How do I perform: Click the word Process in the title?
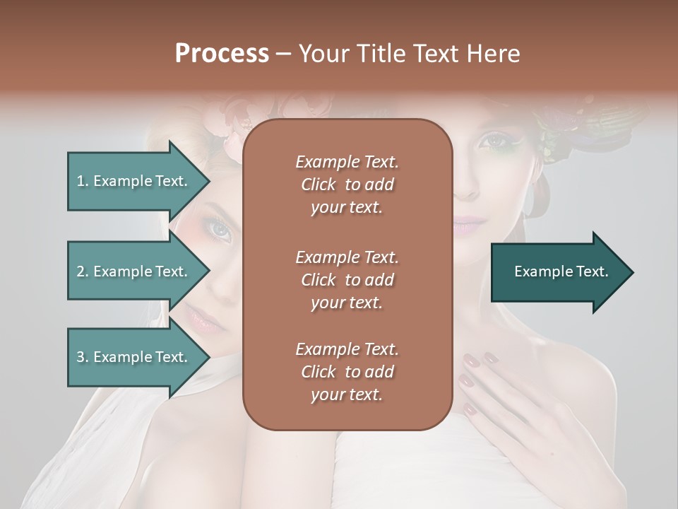coord(222,54)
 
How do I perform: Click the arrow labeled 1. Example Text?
coord(134,181)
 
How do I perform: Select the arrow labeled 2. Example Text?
coord(134,271)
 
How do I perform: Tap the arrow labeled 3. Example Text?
coord(134,357)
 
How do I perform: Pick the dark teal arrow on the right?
coord(558,272)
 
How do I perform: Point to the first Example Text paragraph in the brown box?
coord(347,185)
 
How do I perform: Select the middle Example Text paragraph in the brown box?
coord(347,280)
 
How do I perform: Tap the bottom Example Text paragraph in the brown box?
coord(347,372)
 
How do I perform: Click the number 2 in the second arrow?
coord(80,271)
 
